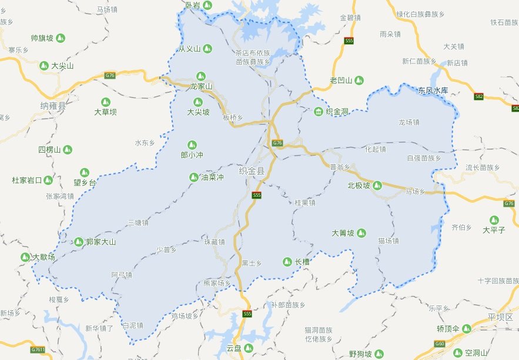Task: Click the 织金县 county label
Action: click(252, 171)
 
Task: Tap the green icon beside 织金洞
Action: click(319, 112)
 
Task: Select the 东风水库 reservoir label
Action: click(433, 90)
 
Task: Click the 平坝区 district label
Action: click(500, 318)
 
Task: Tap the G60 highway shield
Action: click(439, 344)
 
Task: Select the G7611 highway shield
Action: click(38, 350)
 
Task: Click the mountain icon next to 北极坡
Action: click(378, 186)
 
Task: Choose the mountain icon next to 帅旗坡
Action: click(61, 38)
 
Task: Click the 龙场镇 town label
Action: click(408, 123)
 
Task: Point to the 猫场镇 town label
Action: click(389, 241)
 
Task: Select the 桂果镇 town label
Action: click(305, 203)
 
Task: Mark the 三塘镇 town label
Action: click(138, 223)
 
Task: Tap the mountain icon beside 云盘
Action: click(249, 348)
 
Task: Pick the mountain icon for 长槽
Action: click(287, 261)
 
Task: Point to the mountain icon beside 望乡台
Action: click(85, 172)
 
